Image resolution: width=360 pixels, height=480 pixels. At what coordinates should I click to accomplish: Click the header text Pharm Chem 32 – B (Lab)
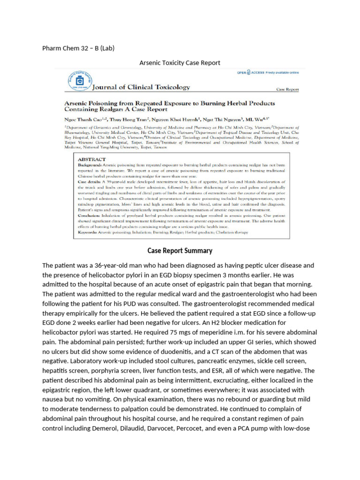pos(78,48)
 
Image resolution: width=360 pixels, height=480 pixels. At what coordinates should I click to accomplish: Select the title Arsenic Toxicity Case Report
pos(180,62)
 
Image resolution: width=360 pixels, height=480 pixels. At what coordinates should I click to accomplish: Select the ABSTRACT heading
pos(93,159)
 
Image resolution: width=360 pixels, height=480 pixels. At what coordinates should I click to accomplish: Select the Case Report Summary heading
pos(180,251)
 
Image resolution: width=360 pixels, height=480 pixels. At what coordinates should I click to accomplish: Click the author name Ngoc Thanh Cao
pos(85,118)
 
